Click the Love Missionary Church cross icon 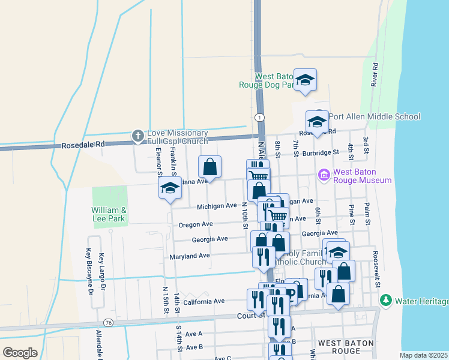[x=137, y=136]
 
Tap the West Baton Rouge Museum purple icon [x=324, y=175]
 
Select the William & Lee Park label [x=109, y=215]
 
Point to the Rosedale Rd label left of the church [x=83, y=145]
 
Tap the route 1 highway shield [x=259, y=116]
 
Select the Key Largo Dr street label [x=103, y=272]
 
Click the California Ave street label [x=204, y=301]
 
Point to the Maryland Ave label [x=188, y=256]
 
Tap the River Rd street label [x=374, y=74]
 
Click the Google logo [x=20, y=353]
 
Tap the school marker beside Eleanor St [x=170, y=188]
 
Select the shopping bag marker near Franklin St [x=210, y=166]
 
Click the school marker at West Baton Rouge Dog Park [x=305, y=80]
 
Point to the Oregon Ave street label [x=196, y=224]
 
